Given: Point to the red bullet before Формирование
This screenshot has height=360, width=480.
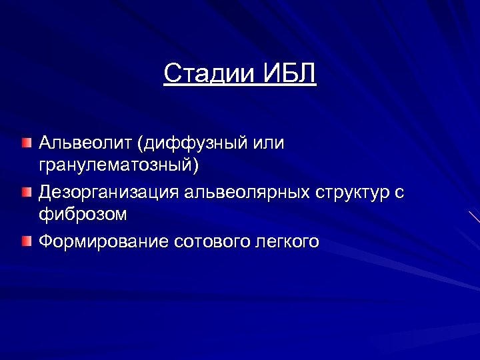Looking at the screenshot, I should tap(25, 241).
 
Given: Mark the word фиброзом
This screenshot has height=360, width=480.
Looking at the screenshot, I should tap(83, 215).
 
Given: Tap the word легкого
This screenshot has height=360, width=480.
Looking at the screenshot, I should tap(287, 241).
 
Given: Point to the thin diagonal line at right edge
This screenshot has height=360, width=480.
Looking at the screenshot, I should tap(474, 216).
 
